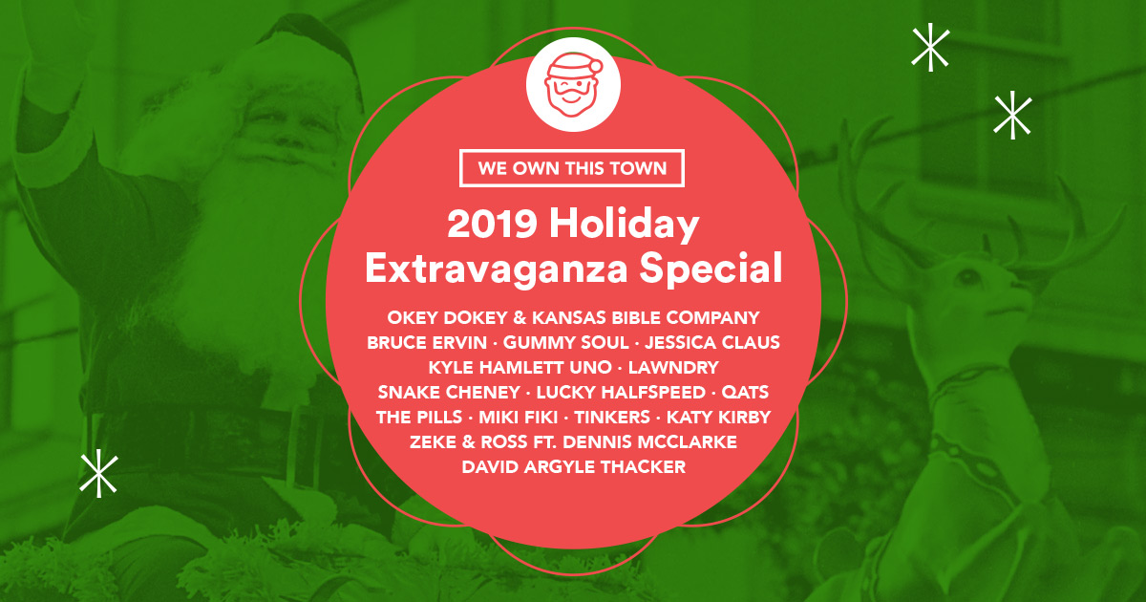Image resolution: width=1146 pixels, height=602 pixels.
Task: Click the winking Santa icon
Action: (x=573, y=84)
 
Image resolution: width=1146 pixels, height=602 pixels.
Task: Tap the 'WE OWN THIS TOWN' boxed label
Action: (x=572, y=168)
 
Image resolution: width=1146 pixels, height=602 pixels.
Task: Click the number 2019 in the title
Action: (x=492, y=224)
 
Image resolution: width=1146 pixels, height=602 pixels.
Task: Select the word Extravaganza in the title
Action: (x=496, y=269)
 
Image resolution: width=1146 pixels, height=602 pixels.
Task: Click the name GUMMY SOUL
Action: (x=565, y=342)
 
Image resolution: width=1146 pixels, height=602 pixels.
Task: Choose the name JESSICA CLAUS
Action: (x=712, y=342)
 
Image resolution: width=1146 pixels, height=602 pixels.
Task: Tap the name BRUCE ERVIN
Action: (x=427, y=342)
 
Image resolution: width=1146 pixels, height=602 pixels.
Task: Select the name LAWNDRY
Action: (x=673, y=368)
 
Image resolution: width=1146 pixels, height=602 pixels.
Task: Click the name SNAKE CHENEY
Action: (x=449, y=392)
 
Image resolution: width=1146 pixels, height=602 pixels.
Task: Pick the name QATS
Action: (x=745, y=392)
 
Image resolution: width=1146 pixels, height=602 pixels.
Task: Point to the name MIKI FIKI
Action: (x=518, y=418)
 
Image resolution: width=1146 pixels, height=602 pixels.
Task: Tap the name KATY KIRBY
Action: (x=718, y=418)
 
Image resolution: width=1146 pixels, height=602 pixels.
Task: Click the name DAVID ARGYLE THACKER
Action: (x=574, y=467)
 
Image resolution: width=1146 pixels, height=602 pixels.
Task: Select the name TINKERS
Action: (x=612, y=418)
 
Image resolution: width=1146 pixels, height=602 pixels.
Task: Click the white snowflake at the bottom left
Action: (x=98, y=473)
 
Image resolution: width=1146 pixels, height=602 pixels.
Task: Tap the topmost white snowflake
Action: (x=930, y=47)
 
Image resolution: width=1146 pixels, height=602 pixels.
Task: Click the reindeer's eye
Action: (x=967, y=278)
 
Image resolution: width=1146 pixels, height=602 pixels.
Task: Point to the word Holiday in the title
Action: (x=625, y=224)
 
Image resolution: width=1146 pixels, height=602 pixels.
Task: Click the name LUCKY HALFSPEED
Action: (x=621, y=392)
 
